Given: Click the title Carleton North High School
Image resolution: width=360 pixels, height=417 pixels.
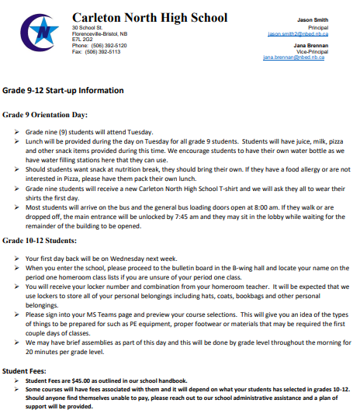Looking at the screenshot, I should pyautogui.click(x=150, y=18).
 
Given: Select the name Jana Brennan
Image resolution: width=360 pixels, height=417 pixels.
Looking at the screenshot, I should pyautogui.click(x=311, y=45).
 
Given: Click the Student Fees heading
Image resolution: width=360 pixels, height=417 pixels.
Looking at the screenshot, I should pyautogui.click(x=27, y=371).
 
